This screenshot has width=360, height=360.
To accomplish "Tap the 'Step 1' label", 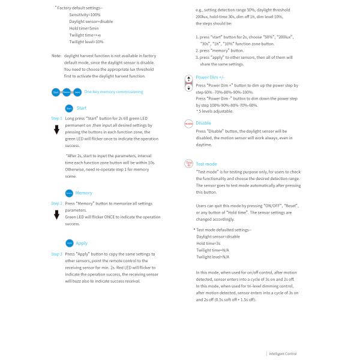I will [x=56, y=119].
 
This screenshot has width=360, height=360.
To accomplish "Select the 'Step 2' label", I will [x=56, y=203].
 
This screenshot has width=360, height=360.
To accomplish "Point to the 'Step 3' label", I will [x=56, y=254].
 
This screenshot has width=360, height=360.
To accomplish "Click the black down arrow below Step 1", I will [x=56, y=130].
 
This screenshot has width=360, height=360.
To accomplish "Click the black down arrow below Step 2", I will [x=56, y=215].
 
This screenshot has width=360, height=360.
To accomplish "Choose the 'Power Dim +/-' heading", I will [x=210, y=77].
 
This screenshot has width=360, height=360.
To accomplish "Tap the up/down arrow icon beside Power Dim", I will [x=188, y=83].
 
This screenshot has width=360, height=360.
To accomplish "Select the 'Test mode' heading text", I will [x=206, y=164].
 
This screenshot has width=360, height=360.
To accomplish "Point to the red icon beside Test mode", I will [x=188, y=164].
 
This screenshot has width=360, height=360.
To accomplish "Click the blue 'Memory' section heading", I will [x=84, y=193].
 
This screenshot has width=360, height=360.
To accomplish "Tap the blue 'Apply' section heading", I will [x=82, y=243].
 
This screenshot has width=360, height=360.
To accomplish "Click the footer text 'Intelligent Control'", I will [x=283, y=353].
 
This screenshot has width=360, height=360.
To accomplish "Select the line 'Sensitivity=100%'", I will [x=86, y=13].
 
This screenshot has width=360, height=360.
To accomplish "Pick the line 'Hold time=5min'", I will [x=85, y=28].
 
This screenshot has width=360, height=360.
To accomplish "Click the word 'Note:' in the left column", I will [x=56, y=55].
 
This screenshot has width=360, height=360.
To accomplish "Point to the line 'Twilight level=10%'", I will [x=86, y=42].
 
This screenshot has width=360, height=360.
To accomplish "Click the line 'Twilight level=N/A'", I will [x=213, y=256].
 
